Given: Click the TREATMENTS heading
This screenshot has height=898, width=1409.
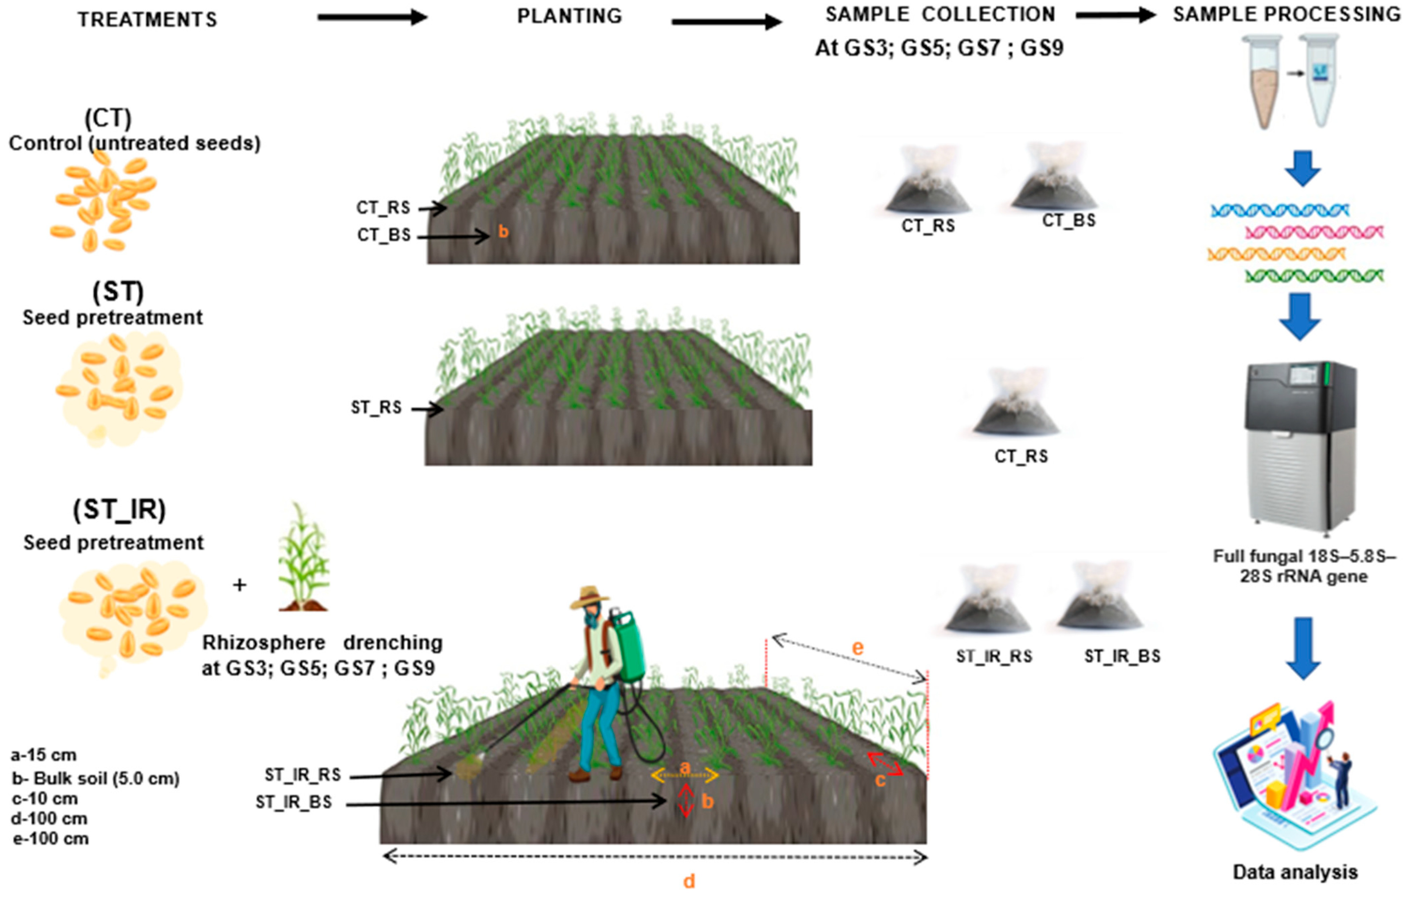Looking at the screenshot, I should click(147, 20).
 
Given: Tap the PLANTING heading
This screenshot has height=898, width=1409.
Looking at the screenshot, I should click(569, 16).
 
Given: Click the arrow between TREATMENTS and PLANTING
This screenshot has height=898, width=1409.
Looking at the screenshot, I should click(372, 17).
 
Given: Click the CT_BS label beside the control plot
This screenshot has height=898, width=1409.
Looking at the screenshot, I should click(384, 235).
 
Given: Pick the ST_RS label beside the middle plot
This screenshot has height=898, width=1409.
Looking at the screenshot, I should click(376, 407).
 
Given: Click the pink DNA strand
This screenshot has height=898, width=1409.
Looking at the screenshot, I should click(1314, 233).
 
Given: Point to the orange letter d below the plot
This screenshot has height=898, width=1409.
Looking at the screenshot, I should click(689, 881).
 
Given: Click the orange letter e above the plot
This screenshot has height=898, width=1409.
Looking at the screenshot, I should click(857, 648).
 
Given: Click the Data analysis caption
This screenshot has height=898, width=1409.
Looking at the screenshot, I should click(1295, 872).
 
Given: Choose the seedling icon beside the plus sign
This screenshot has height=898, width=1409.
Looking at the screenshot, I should click(303, 559).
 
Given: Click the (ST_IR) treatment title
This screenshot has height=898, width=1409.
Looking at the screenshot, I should click(119, 510).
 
